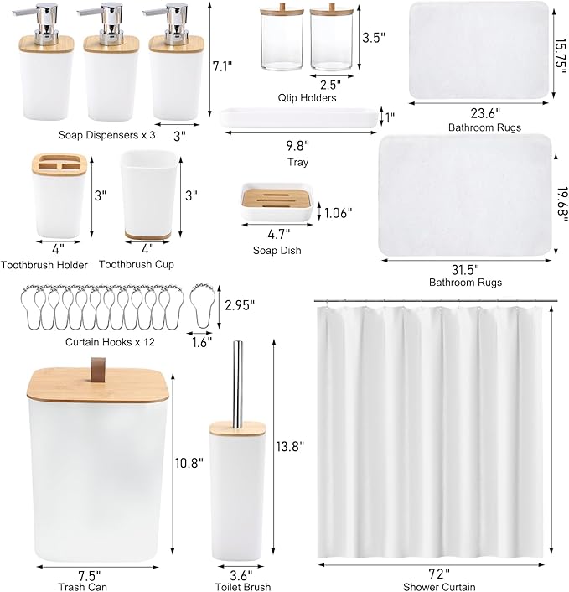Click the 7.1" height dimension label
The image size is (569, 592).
pyautogui.click(x=221, y=65)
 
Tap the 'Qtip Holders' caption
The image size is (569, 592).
pyautogui.click(x=308, y=98)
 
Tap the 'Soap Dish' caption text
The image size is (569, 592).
pyautogui.click(x=277, y=250)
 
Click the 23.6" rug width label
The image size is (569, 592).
pyautogui.click(x=473, y=114)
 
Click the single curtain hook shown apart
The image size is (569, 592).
pyautogui.click(x=203, y=302)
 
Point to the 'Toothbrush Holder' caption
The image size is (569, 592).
pyautogui.click(x=44, y=265)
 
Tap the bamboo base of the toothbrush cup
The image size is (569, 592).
pyautogui.click(x=150, y=232)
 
